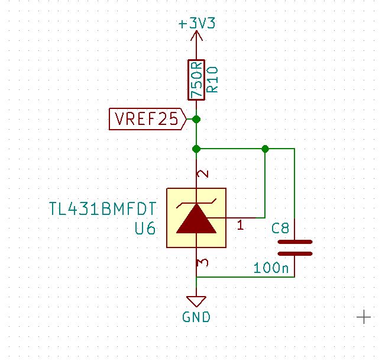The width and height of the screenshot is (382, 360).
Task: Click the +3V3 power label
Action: (x=197, y=24)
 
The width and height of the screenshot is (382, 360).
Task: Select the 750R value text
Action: (x=196, y=80)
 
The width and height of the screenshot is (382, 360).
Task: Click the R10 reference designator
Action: (x=213, y=79)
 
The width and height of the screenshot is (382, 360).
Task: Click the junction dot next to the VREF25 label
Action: (x=196, y=120)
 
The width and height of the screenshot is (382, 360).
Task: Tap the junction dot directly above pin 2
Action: (x=196, y=149)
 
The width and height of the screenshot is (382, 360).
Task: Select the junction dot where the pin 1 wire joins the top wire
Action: (x=266, y=149)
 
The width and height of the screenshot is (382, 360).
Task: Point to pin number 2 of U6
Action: (x=203, y=175)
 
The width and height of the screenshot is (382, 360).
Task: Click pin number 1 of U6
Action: (x=240, y=226)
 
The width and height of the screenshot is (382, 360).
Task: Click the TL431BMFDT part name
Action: (x=102, y=209)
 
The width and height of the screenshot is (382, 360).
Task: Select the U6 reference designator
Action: (x=144, y=228)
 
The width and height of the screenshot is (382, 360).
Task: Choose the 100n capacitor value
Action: (x=271, y=268)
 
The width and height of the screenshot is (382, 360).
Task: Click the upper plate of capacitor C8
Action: (x=294, y=242)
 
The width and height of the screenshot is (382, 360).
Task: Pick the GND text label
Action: (x=196, y=317)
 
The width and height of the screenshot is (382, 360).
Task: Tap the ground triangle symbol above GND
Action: (x=196, y=300)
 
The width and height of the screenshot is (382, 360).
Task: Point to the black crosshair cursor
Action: (x=364, y=317)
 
